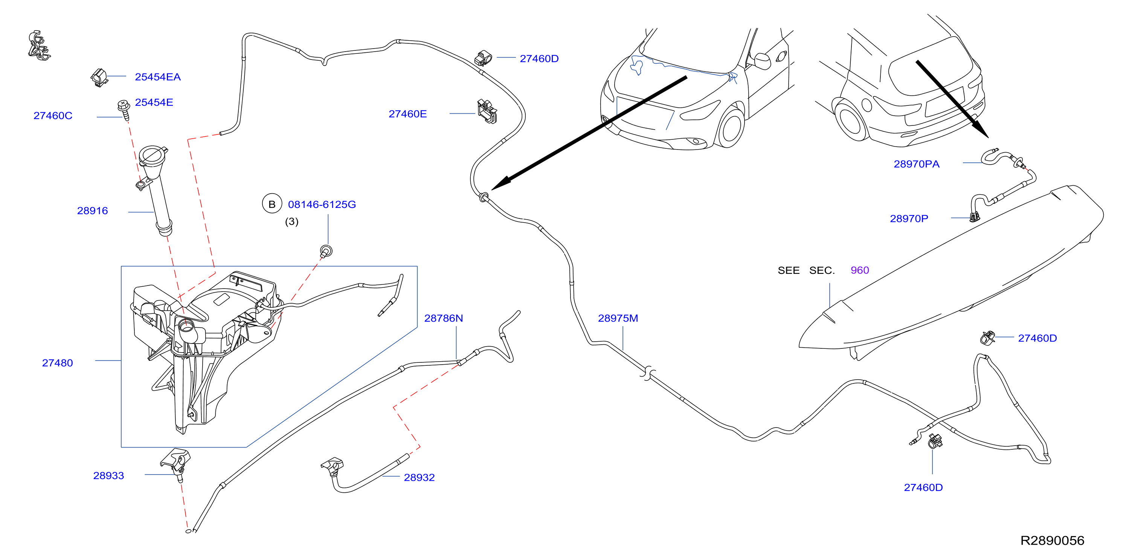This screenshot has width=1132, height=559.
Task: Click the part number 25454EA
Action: (x=157, y=77)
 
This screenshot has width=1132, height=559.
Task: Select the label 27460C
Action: (x=53, y=116)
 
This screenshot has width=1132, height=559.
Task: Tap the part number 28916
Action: (x=92, y=211)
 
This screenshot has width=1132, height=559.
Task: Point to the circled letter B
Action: (x=272, y=204)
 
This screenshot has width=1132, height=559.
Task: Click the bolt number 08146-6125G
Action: (x=322, y=204)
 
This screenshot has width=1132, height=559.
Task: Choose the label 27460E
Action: (x=407, y=114)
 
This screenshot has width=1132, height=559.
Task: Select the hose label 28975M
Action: (x=618, y=318)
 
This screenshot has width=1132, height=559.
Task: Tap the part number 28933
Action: (x=108, y=475)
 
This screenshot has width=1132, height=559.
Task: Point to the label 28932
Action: (x=419, y=477)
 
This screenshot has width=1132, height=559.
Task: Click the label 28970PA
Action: (x=917, y=164)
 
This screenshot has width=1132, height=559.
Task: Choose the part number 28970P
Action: (x=909, y=218)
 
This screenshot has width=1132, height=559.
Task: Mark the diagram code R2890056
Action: (x=1052, y=540)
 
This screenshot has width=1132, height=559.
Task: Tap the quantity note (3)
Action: (x=292, y=221)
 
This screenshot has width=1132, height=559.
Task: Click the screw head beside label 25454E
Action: (x=124, y=105)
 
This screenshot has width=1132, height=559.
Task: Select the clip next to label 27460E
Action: (x=487, y=111)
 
